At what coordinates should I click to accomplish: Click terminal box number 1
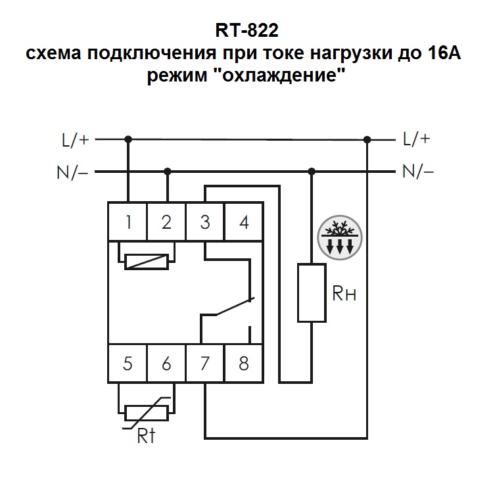click(128, 222)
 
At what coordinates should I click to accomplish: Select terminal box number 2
click(166, 222)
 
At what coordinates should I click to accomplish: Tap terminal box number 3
click(205, 222)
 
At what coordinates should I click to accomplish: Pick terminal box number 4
click(244, 222)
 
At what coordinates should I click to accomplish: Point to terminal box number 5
click(128, 364)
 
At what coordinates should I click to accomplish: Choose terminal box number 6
click(166, 364)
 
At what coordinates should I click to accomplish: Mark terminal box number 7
click(205, 364)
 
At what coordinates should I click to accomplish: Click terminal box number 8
click(244, 364)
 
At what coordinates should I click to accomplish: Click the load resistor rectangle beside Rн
click(312, 293)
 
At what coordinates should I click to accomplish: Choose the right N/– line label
click(418, 172)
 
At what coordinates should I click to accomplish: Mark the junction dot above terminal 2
click(168, 172)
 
